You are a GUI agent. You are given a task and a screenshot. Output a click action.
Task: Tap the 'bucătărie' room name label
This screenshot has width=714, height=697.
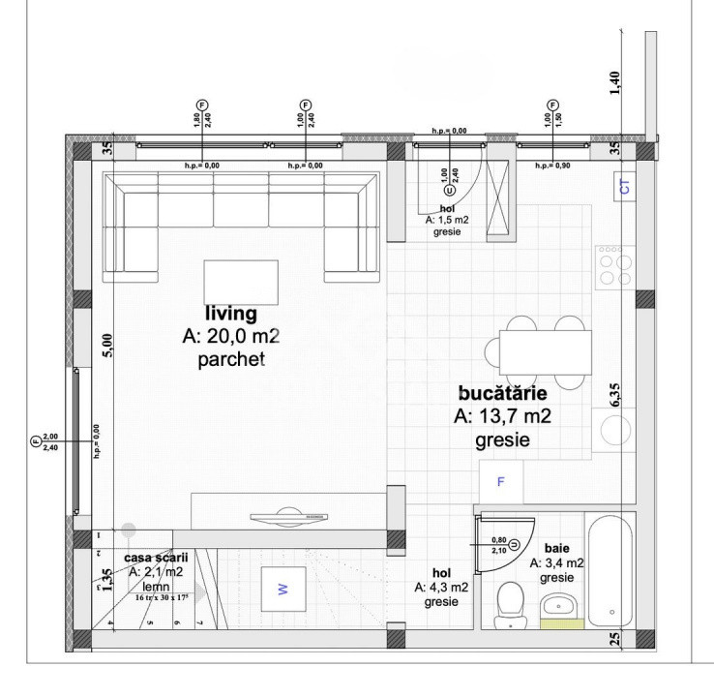(502, 394)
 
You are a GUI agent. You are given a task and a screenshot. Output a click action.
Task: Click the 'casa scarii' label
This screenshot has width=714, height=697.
(157, 558)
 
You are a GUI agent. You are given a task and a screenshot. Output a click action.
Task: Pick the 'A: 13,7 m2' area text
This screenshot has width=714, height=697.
(503, 417)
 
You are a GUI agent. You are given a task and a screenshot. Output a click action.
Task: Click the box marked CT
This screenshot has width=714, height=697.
(624, 188)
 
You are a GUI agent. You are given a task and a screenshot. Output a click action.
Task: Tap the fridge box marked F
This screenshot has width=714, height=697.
(501, 480)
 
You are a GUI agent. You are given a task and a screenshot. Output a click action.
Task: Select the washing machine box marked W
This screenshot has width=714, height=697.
(283, 588)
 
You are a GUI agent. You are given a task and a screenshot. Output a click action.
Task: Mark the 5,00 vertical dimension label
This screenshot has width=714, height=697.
(107, 345)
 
